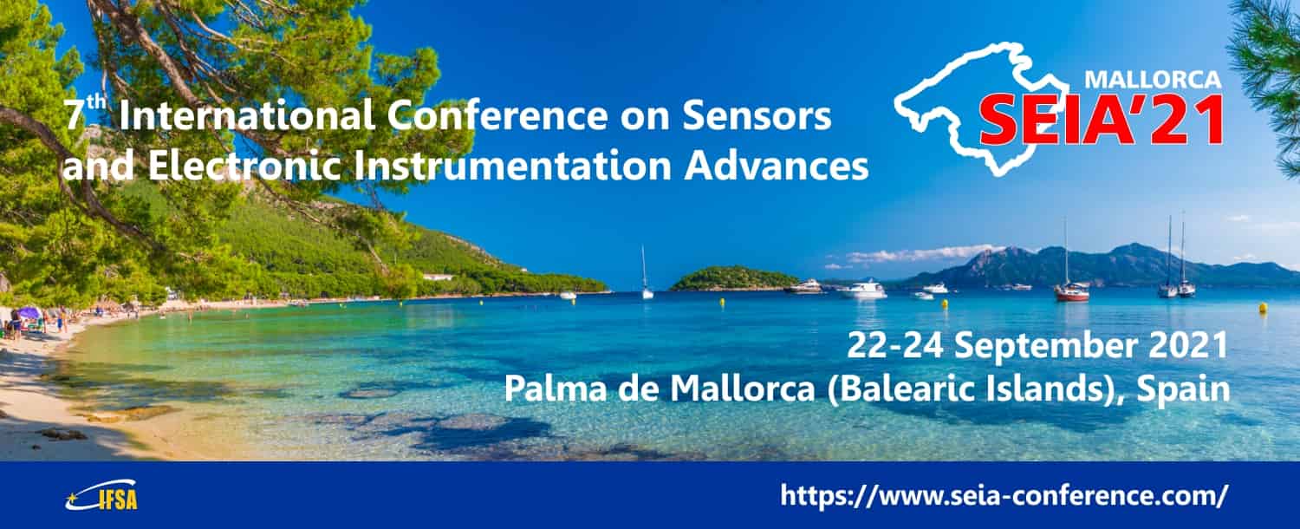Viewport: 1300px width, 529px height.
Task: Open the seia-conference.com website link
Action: coord(1004,495)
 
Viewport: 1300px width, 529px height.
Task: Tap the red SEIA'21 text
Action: coord(1102,121)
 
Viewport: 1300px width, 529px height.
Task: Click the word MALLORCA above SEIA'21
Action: coord(1153,80)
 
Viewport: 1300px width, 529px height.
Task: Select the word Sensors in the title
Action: coord(757,115)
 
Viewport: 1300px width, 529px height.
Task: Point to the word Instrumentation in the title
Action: coord(513,166)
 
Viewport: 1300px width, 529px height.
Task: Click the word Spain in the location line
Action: coord(1183,389)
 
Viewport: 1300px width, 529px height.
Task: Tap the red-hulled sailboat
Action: coord(1072,292)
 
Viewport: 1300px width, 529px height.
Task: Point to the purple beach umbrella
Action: coord(28,313)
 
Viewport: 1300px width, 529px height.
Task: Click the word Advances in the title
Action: coord(776,166)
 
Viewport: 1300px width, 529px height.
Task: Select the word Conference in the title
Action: coord(497,115)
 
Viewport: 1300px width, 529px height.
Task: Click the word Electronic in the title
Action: coord(244,166)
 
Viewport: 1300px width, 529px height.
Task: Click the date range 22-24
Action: coord(895,345)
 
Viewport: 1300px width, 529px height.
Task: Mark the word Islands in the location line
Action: coord(1051,389)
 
